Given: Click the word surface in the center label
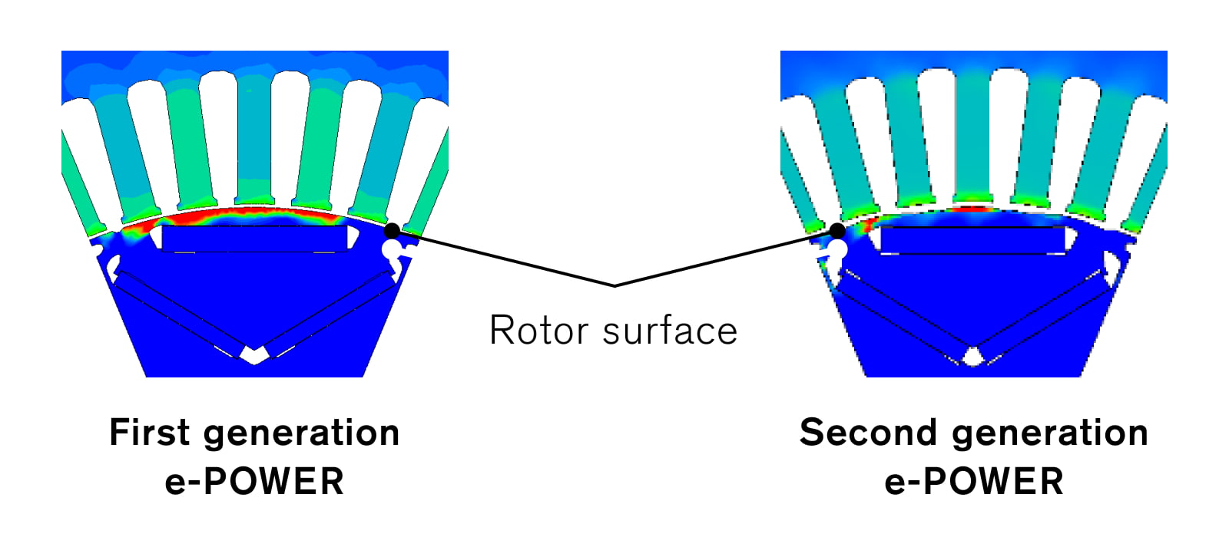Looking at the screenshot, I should click(670, 331).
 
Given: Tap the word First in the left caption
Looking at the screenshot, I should click(149, 433).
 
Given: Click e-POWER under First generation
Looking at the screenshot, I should click(254, 482).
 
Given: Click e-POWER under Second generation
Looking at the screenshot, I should click(974, 482).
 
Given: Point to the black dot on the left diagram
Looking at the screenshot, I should click(392, 230).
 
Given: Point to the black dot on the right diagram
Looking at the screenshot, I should click(837, 230).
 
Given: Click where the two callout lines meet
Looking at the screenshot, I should click(614, 285).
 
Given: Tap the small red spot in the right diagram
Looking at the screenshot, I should click(972, 209).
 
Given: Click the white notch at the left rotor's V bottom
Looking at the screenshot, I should click(253, 354).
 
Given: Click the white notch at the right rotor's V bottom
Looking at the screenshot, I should click(973, 356).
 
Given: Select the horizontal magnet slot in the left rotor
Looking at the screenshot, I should click(254, 239).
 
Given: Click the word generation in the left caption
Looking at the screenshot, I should click(302, 433).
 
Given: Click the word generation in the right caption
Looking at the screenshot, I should click(1050, 433).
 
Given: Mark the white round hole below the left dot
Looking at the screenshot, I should click(391, 249).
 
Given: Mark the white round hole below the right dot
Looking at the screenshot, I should click(837, 250).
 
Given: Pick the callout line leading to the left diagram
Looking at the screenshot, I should click(503, 258).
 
